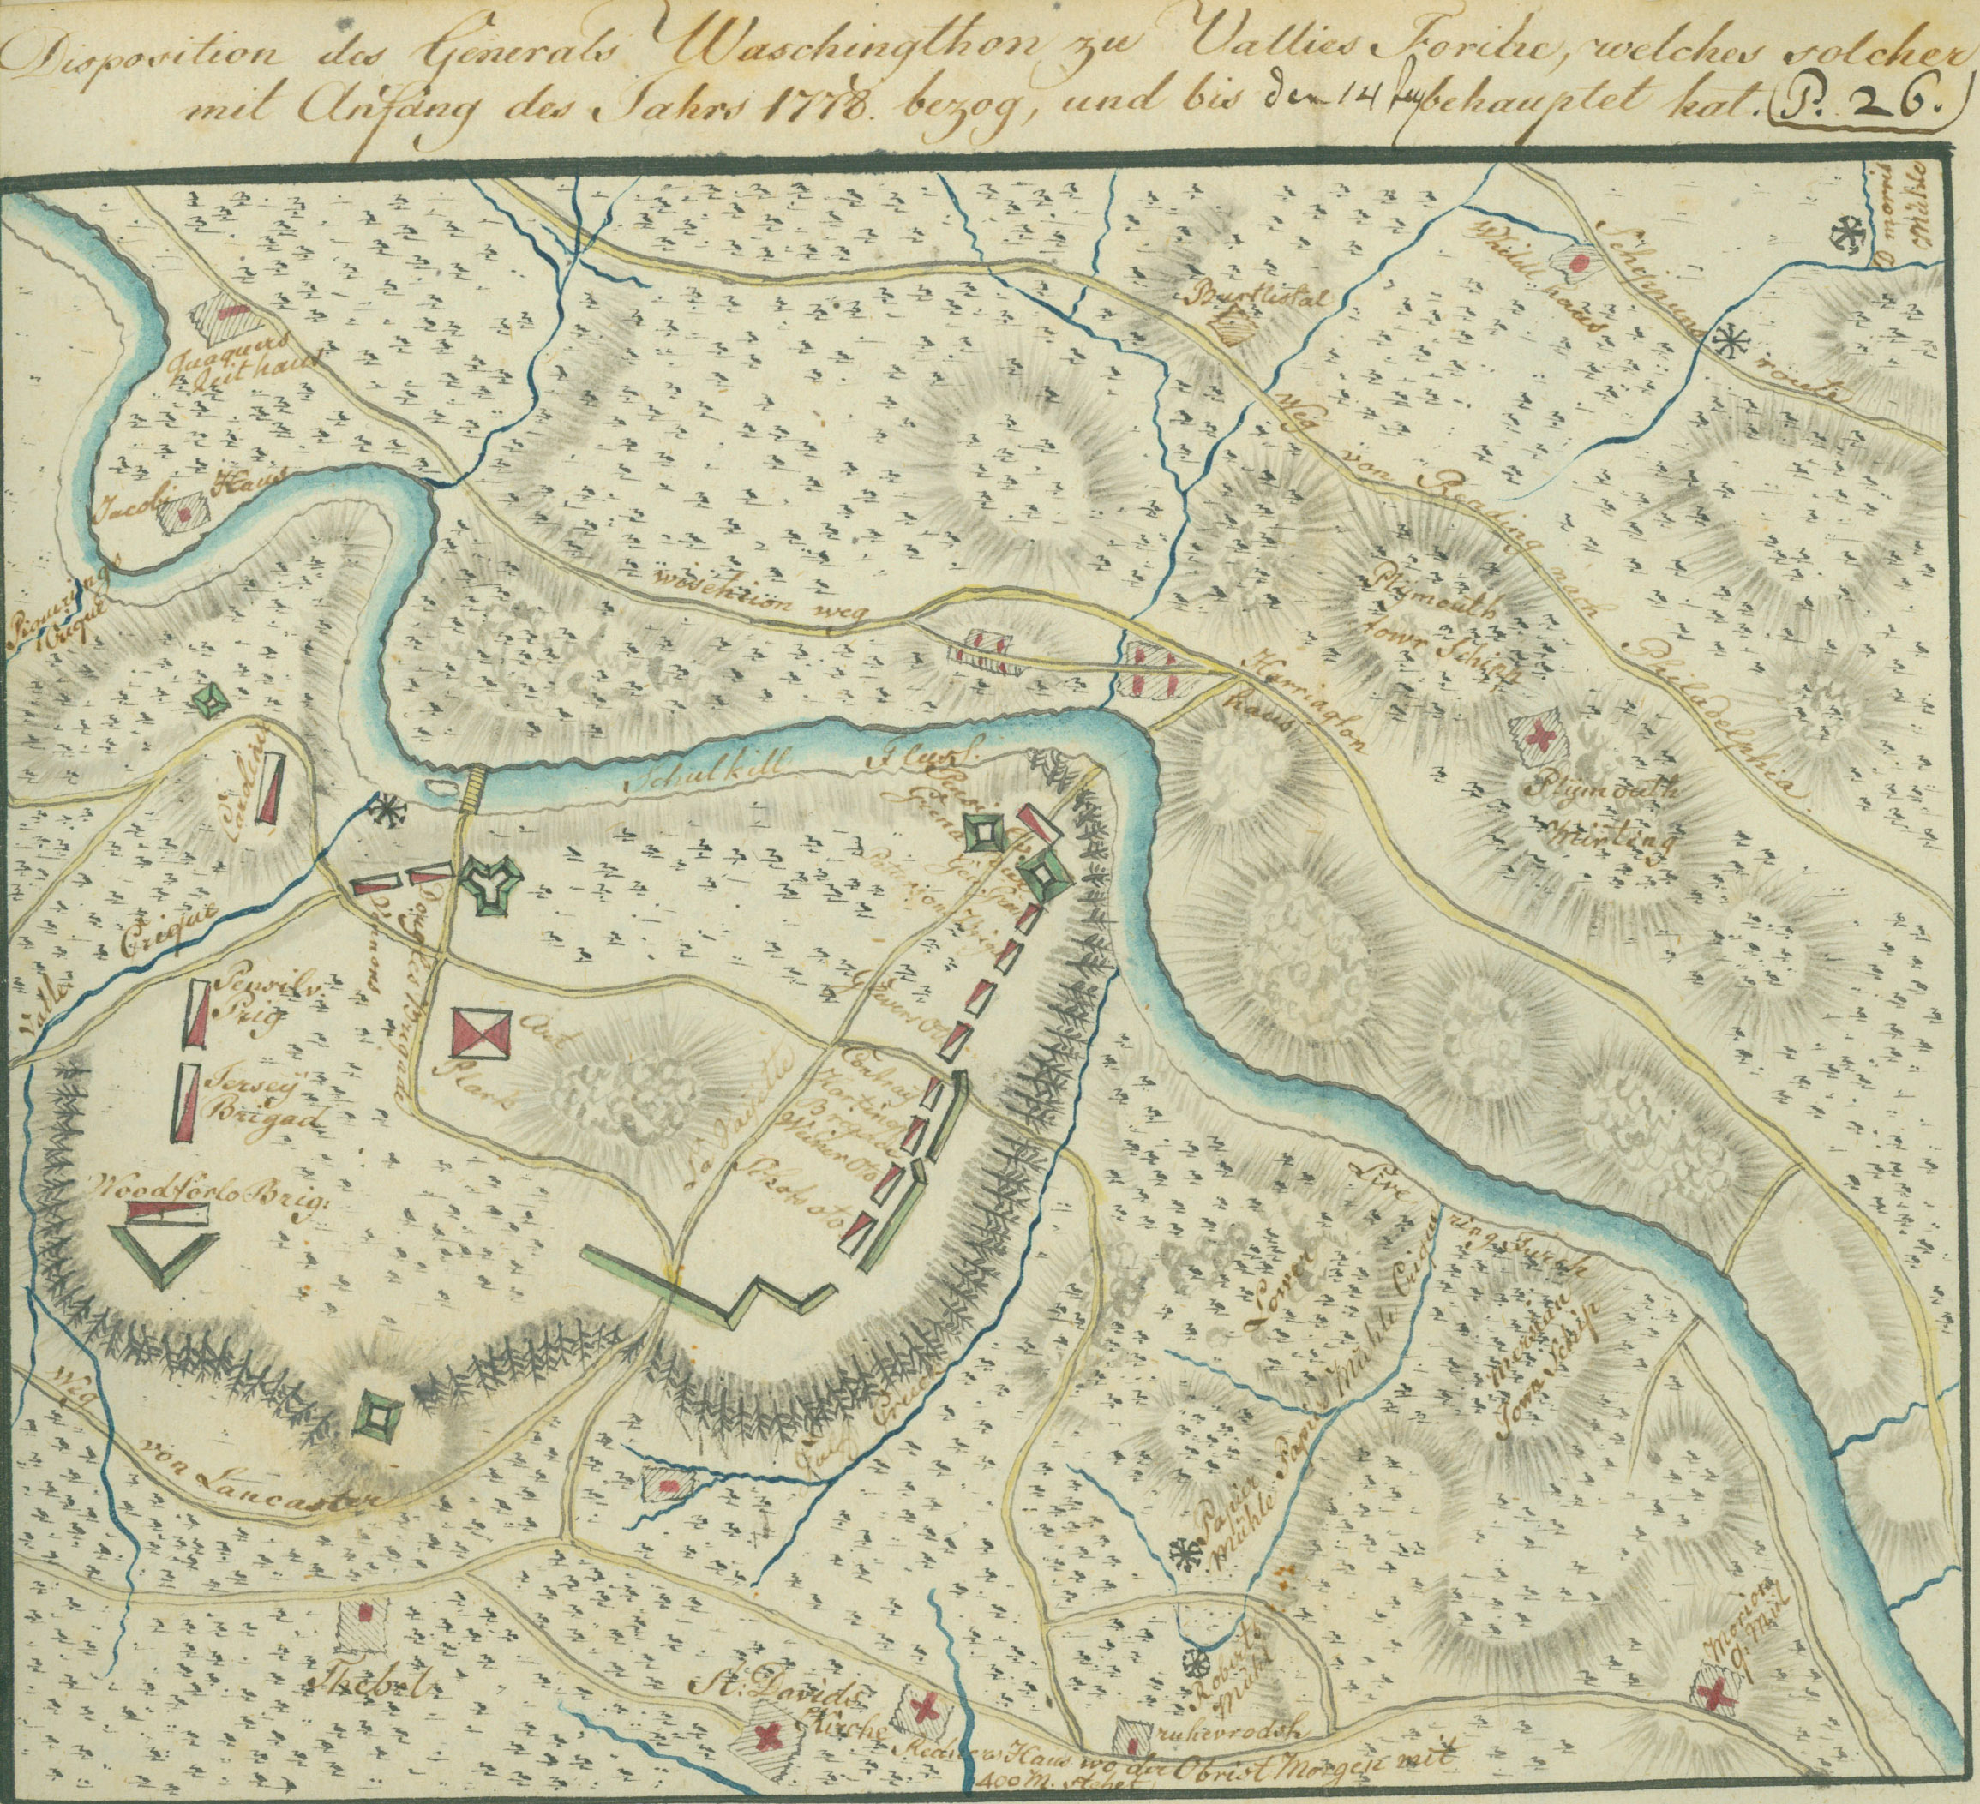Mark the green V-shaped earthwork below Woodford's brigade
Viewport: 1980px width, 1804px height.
tap(164, 1257)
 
